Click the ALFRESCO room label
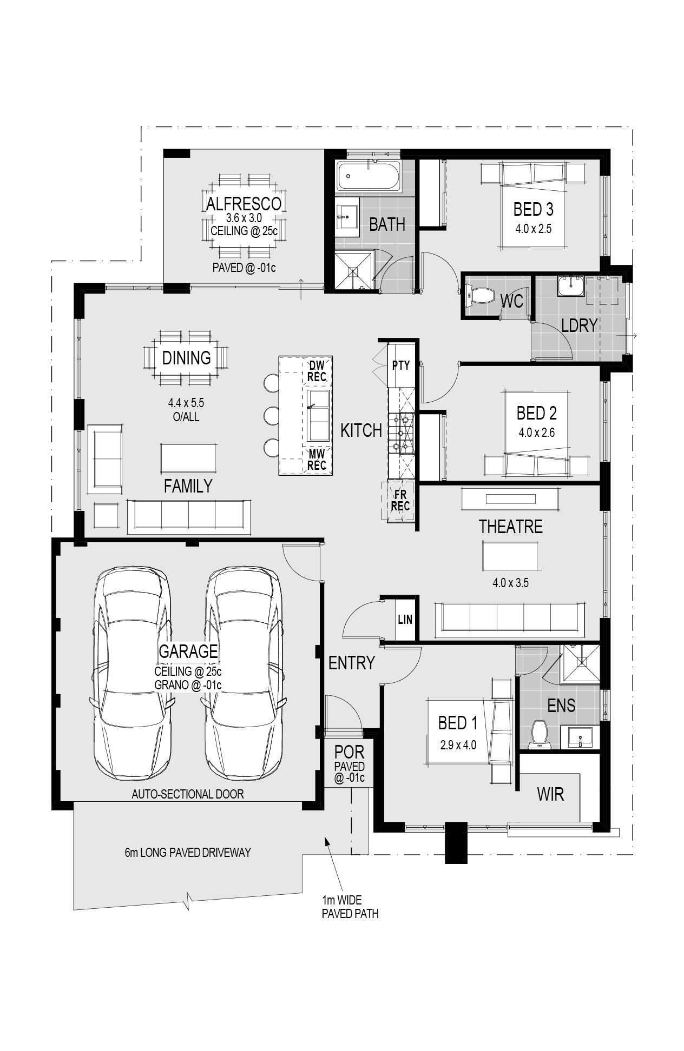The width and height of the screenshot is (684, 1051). click(244, 203)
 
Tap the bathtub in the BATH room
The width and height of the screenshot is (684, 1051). click(369, 176)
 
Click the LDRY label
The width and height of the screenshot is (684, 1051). click(579, 325)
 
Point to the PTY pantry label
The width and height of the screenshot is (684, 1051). click(401, 365)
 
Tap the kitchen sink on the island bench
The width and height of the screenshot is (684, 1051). click(319, 415)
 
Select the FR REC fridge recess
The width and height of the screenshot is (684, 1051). click(400, 501)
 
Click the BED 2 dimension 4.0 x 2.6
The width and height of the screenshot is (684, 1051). click(536, 433)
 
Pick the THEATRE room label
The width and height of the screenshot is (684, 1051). click(510, 526)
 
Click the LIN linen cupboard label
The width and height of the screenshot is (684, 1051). click(405, 620)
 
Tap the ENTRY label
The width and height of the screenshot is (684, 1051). click(352, 662)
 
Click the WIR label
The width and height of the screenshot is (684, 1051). click(550, 794)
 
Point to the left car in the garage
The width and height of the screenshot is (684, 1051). click(133, 673)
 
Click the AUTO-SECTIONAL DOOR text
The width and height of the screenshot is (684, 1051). click(188, 794)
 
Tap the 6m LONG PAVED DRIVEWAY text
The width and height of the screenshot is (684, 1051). click(188, 853)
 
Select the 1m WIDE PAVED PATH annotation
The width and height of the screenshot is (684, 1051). click(350, 907)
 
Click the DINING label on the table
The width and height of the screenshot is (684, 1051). click(187, 357)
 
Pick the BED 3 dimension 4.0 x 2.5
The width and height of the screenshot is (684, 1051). click(534, 229)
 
